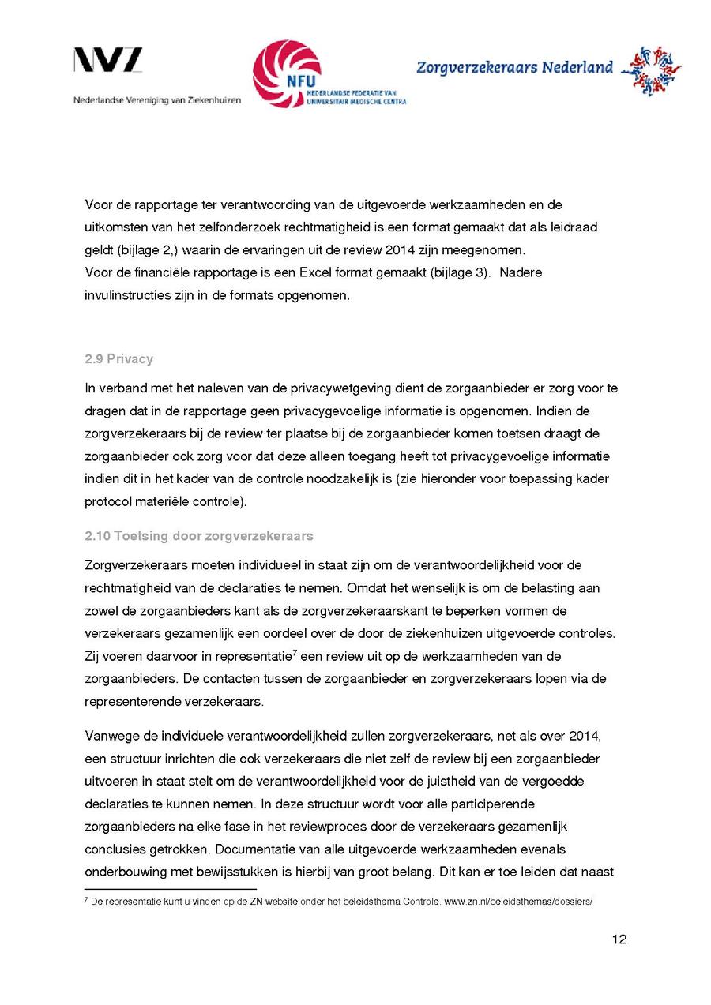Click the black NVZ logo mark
click(x=108, y=61)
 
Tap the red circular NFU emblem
click(x=286, y=73)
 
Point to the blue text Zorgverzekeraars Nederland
click(x=514, y=68)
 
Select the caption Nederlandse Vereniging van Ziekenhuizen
click(x=157, y=100)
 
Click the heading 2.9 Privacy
click(x=118, y=359)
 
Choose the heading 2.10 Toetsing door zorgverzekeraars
click(x=198, y=537)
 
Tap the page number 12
click(x=619, y=939)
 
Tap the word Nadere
click(x=520, y=272)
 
